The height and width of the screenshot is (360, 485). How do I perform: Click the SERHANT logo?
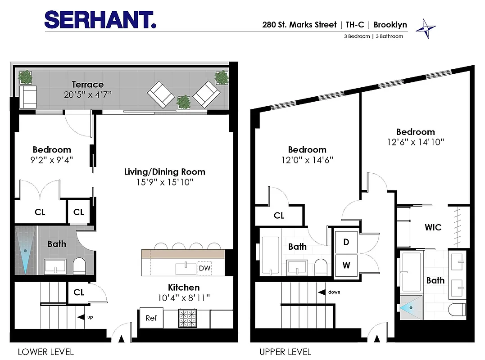pos(100,20)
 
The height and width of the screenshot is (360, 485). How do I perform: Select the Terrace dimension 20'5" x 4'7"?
pos(87,94)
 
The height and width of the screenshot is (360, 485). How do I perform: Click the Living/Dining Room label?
pos(164,172)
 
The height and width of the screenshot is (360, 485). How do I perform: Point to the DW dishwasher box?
pos(204,268)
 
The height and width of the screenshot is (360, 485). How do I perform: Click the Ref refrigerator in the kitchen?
pos(151,318)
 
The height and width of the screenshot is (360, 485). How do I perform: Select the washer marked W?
pos(346,265)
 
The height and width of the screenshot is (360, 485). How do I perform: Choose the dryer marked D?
pos(346,242)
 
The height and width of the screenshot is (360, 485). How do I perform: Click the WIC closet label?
pos(433,227)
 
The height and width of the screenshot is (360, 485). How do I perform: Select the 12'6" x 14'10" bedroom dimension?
pos(415,142)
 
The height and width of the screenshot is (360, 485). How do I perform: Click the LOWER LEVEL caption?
pos(45,351)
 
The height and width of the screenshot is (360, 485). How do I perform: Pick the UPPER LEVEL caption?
pos(285,351)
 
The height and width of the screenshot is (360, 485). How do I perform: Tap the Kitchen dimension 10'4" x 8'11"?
pos(183,297)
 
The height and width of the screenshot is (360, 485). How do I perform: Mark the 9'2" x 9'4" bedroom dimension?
pos(52,159)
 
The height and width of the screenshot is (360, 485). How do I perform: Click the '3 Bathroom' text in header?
pos(389,36)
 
